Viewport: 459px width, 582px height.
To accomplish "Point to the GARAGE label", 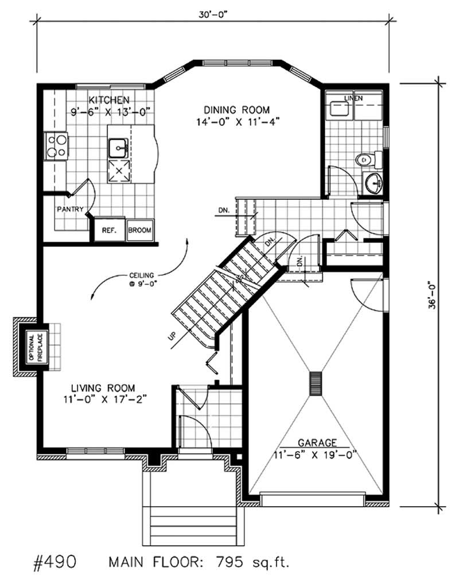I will pyautogui.click(x=316, y=443).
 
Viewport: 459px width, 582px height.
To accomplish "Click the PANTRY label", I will pyautogui.click(x=71, y=209).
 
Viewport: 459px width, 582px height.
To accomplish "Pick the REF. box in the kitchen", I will pyautogui.click(x=109, y=230).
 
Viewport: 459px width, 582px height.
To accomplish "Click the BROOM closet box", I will pyautogui.click(x=140, y=230).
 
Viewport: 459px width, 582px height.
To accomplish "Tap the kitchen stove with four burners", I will pyautogui.click(x=56, y=145).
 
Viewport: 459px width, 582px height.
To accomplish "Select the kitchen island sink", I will pyautogui.click(x=119, y=148).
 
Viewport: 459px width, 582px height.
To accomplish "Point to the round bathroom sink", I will pyautogui.click(x=376, y=184).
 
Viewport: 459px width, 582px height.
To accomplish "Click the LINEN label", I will pyautogui.click(x=353, y=99).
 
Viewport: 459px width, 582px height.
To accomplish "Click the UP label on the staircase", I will pyautogui.click(x=172, y=335).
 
